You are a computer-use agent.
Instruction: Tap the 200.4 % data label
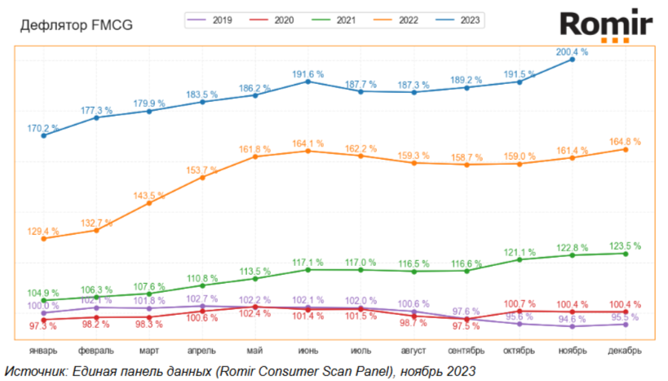(x=572, y=51)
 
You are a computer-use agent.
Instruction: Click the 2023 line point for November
(x=573, y=60)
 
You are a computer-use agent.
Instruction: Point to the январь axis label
(x=43, y=351)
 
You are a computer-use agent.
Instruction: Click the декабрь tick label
(x=626, y=351)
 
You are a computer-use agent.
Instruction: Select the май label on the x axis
(x=254, y=351)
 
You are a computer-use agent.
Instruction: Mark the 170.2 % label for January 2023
(x=44, y=127)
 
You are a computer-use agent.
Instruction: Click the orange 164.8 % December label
(x=625, y=141)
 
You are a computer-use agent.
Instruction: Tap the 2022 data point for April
(x=202, y=177)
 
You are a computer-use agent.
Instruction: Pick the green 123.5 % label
(x=625, y=245)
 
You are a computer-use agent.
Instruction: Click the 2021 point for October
(x=520, y=259)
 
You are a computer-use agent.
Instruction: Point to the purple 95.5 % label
(x=625, y=317)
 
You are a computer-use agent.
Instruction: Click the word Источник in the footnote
(x=33, y=370)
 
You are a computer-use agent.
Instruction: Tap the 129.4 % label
(x=44, y=231)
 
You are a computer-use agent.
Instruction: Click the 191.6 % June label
(x=307, y=73)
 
